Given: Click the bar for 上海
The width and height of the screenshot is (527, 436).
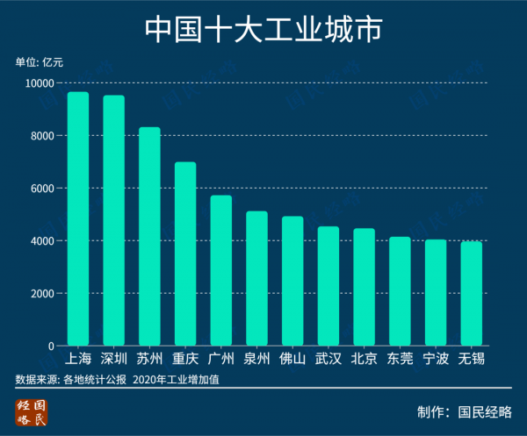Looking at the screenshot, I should tap(78, 219).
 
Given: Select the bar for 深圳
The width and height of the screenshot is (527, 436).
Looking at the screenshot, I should tap(114, 221).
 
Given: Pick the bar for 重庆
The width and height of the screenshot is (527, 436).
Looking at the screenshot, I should tap(185, 254).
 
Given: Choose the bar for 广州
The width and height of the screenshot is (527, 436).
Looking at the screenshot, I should tap(221, 271).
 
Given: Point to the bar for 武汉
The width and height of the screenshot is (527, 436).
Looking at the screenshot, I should tap(328, 286).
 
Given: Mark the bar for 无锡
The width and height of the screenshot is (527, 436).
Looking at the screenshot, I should tap(472, 294).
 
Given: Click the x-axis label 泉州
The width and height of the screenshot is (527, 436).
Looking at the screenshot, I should tap(256, 359).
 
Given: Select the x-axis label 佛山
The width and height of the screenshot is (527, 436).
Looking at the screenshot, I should tap(292, 359).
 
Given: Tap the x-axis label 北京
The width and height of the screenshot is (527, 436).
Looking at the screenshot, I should tap(364, 359).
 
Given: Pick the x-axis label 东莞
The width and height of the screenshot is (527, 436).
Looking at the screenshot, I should tap(400, 359).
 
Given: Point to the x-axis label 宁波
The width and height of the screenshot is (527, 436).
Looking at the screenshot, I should tap(436, 359).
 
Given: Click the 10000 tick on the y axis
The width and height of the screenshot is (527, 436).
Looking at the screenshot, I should tap(38, 83).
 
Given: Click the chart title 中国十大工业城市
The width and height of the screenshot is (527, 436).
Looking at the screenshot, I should tap(263, 29).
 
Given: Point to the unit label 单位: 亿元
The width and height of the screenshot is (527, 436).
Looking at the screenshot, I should tap(40, 62).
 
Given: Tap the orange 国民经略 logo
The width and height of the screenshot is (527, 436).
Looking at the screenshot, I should tap(32, 411).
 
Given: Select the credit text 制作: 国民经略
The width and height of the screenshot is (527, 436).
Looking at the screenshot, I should tap(465, 411).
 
